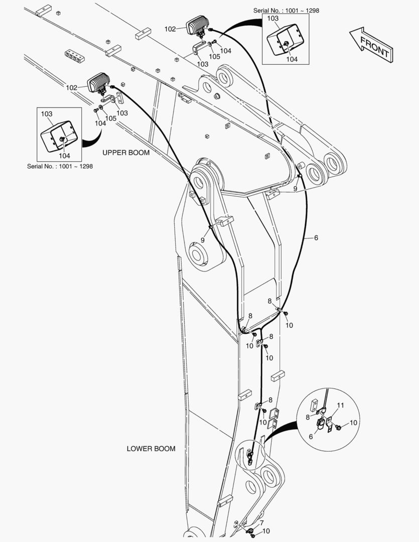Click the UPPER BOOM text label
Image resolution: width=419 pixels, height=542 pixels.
pos(126,153)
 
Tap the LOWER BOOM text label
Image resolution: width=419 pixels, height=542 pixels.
pos(151,449)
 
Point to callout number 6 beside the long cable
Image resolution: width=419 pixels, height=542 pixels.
pos(316,237)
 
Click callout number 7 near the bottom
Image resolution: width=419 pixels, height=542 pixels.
pos(261,523)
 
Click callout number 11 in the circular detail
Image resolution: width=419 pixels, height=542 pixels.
pos(340,405)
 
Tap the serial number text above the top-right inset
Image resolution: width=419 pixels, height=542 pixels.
pos(286,10)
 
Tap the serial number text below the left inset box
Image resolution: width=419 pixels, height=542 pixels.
pos(60,166)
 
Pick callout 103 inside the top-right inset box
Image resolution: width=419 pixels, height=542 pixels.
pos(272,19)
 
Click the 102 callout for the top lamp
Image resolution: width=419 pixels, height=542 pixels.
pos(170,29)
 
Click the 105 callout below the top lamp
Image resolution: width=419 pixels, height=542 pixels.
pos(214,57)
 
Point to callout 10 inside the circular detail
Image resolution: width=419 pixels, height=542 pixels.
pos(353,423)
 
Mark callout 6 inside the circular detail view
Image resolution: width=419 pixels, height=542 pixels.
pos(311,437)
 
